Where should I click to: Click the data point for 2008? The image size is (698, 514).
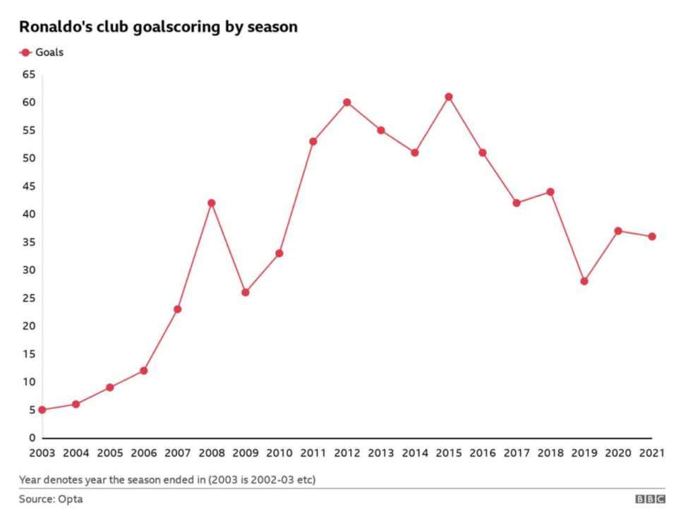coord(211,203)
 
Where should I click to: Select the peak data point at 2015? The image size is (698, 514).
coord(448,97)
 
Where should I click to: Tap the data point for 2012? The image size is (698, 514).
coord(347,102)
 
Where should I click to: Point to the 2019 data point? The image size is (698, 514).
coord(584,281)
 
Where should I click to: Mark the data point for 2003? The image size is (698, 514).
coord(42,410)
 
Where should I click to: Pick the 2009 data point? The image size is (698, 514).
coord(245,292)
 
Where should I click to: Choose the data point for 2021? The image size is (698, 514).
coord(651,237)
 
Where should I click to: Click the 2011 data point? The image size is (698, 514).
coord(313,141)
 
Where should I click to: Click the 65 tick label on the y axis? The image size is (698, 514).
coord(28,74)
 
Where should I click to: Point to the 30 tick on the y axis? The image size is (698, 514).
coord(28,270)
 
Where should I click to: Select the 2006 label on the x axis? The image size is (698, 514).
coord(143,453)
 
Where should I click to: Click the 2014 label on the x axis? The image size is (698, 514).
coord(414,453)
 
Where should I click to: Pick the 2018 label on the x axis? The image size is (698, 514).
coord(550,453)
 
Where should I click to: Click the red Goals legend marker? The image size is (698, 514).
coord(26,52)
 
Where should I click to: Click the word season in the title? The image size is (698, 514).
coord(272,27)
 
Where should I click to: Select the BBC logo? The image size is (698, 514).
coord(650,499)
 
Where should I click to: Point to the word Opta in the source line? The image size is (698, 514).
coord(70,499)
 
